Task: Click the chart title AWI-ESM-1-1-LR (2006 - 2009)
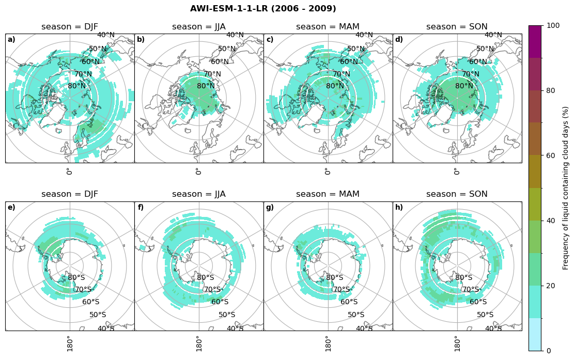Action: pyautogui.click(x=263, y=9)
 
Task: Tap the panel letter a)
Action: pyautogui.click(x=11, y=40)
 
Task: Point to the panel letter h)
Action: pyautogui.click(x=399, y=208)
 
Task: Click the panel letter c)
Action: pyautogui.click(x=270, y=40)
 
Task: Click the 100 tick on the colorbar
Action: pyautogui.click(x=553, y=25)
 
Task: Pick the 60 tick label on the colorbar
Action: pyautogui.click(x=551, y=155)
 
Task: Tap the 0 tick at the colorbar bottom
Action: pyautogui.click(x=549, y=351)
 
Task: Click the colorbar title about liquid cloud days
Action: pyautogui.click(x=566, y=188)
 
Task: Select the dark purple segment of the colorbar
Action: pyautogui.click(x=535, y=41)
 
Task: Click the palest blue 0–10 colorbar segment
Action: pyautogui.click(x=535, y=334)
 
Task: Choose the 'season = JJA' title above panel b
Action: pyautogui.click(x=199, y=27)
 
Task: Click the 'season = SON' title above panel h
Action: pyautogui.click(x=457, y=194)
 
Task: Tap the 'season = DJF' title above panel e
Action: pyautogui.click(x=70, y=194)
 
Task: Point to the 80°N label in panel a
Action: pyautogui.click(x=77, y=86)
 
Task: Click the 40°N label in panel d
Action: pyautogui.click(x=493, y=35)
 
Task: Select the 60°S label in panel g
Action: pyautogui.click(x=349, y=302)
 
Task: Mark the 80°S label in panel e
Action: pyautogui.click(x=76, y=278)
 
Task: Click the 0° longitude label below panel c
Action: pyautogui.click(x=327, y=171)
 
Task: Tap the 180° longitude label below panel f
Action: pyautogui.click(x=198, y=343)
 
